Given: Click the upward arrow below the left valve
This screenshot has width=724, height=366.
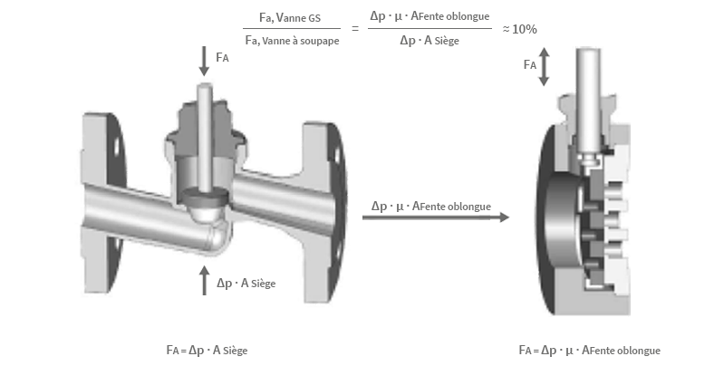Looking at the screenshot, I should tap(205, 281).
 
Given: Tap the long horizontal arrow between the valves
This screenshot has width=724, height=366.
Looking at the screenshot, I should tap(435, 217).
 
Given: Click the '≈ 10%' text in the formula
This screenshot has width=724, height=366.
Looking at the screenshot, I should tap(520, 29).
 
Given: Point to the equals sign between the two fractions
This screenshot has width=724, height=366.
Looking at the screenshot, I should tap(355, 29).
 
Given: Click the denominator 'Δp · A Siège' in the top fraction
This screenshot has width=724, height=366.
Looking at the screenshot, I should tap(429, 41).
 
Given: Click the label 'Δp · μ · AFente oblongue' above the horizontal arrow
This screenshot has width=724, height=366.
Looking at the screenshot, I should tap(431, 206).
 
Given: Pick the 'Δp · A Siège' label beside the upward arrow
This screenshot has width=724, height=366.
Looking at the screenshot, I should tap(246, 284).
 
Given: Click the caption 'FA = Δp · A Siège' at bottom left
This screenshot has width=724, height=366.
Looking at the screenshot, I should tap(207, 349).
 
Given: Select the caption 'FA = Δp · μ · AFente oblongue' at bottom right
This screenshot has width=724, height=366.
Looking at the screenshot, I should tap(590, 350).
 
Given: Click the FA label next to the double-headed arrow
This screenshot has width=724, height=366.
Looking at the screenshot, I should tap(530, 65).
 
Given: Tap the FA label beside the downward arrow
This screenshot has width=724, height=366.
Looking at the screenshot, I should tap(224, 57).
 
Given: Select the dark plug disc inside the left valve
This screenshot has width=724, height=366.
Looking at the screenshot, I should tap(206, 195).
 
